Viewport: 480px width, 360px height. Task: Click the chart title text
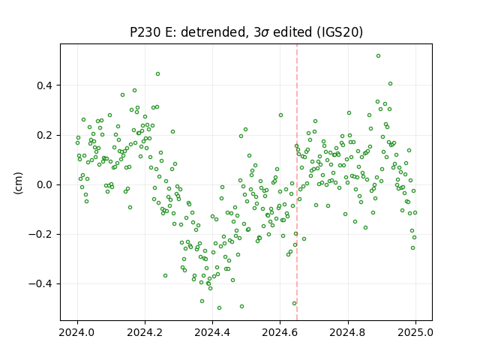click(x=247, y=31)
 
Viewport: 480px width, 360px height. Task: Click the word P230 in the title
click(x=145, y=31)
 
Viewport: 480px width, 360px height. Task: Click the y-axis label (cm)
click(x=18, y=183)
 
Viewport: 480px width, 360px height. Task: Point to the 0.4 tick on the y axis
click(x=44, y=85)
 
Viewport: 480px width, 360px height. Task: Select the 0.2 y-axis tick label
click(x=44, y=135)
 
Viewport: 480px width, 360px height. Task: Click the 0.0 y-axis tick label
click(x=44, y=184)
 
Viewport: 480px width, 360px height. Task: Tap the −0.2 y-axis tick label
click(x=40, y=234)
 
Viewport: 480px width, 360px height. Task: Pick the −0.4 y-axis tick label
click(x=40, y=283)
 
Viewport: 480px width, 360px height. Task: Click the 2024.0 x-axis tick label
click(x=77, y=332)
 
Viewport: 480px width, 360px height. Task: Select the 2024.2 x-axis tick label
click(x=145, y=332)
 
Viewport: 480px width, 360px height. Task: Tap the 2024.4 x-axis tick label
click(x=212, y=332)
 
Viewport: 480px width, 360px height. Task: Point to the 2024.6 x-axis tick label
click(x=280, y=332)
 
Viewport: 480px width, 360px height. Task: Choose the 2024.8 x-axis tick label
click(x=348, y=332)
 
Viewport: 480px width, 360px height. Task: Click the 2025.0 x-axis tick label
click(x=415, y=332)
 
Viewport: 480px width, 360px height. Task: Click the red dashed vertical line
click(x=297, y=182)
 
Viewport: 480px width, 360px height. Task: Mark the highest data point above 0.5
click(x=378, y=56)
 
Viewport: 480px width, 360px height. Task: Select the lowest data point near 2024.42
click(x=219, y=307)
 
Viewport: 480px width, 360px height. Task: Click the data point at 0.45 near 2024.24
click(x=158, y=73)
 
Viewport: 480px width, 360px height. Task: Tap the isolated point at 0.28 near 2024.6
click(x=280, y=115)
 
